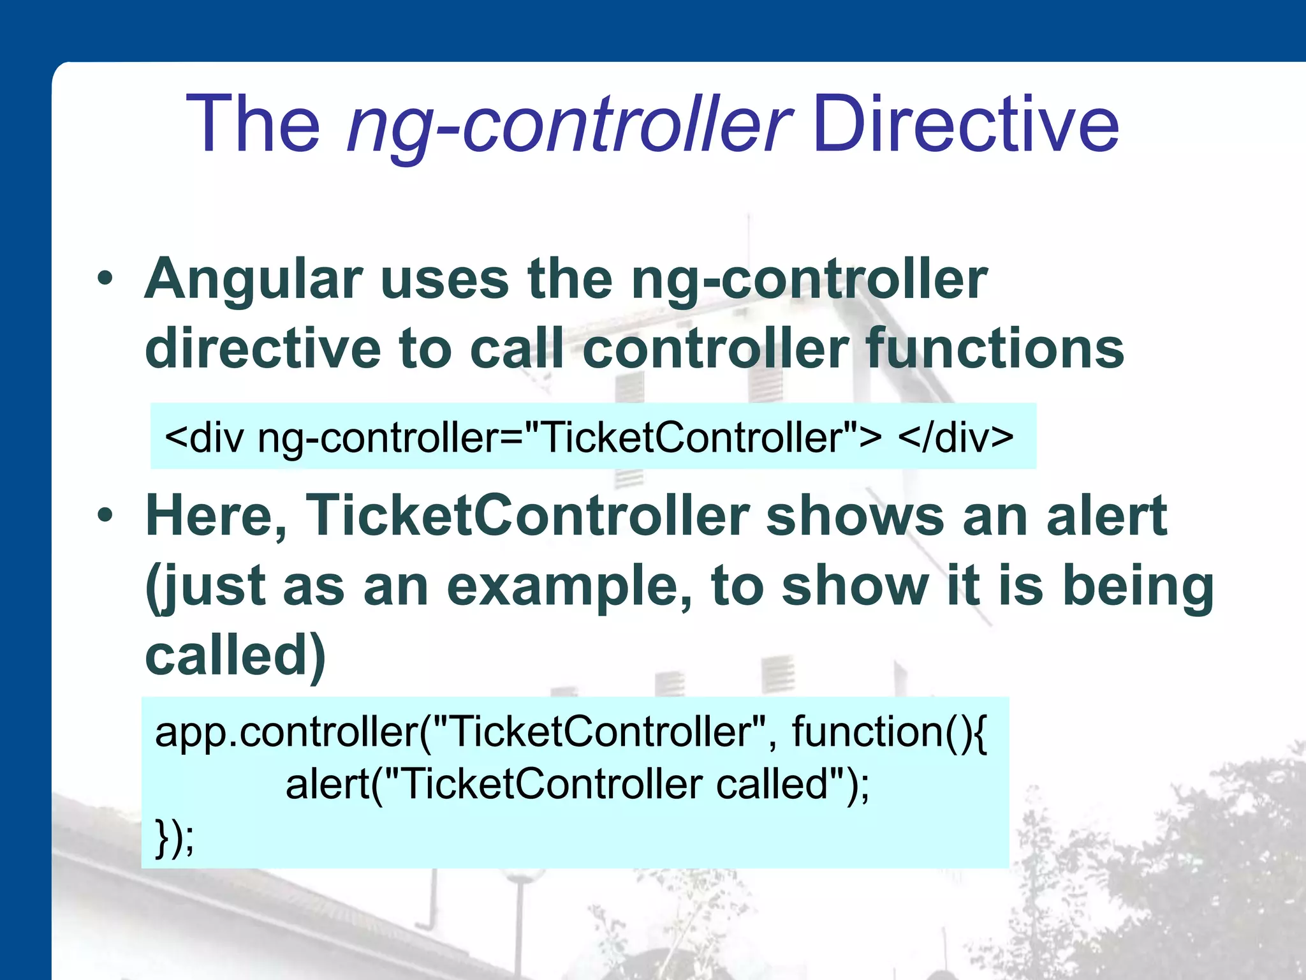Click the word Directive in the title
(x=965, y=124)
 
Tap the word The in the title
(x=253, y=124)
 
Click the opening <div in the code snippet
(x=204, y=438)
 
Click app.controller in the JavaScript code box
(x=287, y=732)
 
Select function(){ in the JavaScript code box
(x=889, y=732)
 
